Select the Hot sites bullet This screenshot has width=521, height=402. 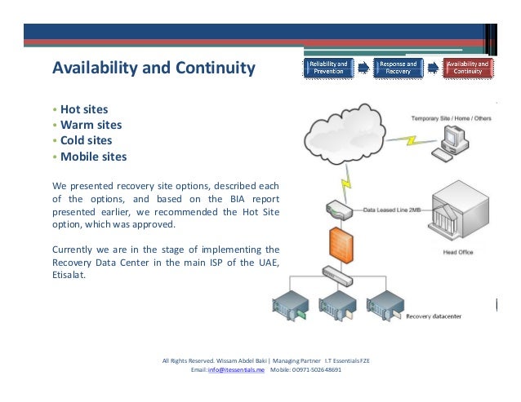click(84, 108)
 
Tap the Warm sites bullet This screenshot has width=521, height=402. click(91, 125)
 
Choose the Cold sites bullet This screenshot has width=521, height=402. click(86, 140)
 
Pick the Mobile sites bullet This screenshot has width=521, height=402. click(93, 157)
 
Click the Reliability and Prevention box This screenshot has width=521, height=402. click(327, 67)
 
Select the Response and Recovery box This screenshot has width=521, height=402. click(398, 67)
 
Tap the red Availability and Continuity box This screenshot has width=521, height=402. click(467, 67)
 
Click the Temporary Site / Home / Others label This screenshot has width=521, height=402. click(451, 118)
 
